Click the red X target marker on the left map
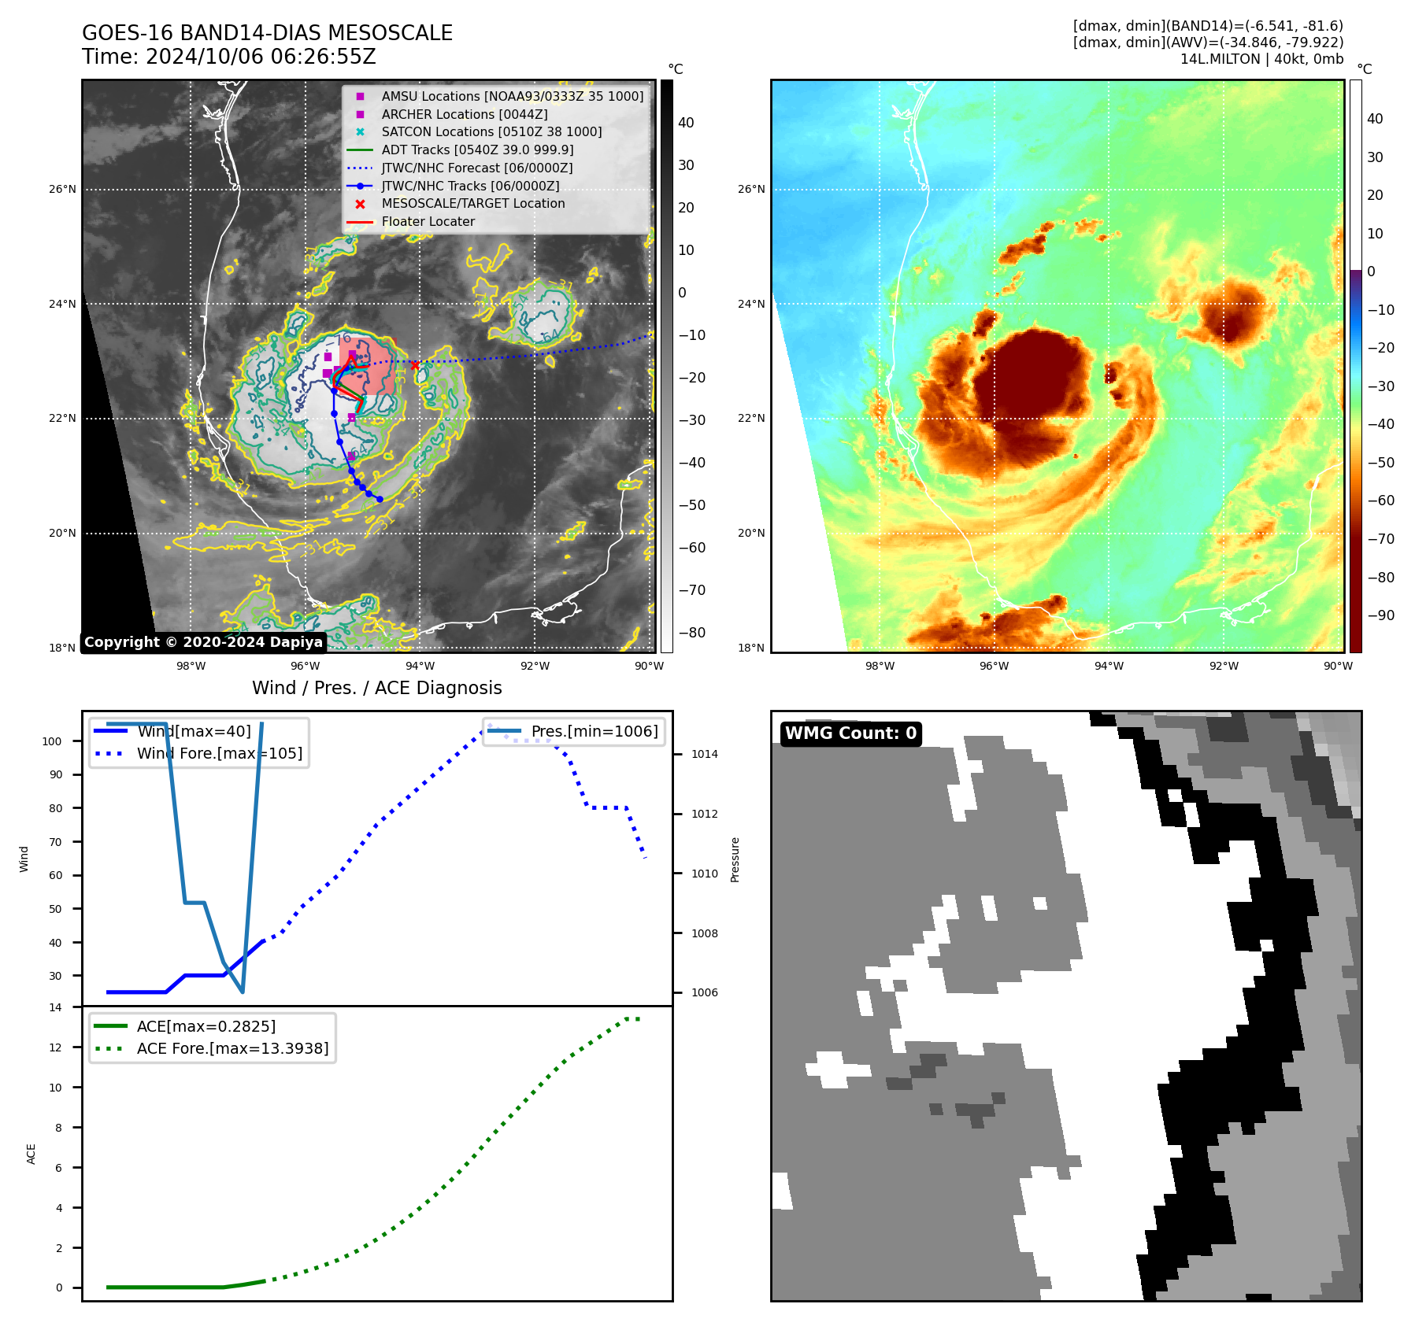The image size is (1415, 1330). pyautogui.click(x=415, y=365)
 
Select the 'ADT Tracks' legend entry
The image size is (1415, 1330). pyautogui.click(x=477, y=150)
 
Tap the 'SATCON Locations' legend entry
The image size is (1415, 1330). pyautogui.click(x=491, y=131)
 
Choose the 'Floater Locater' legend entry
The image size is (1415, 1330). pyautogui.click(x=428, y=221)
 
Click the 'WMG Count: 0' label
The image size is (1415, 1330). pyautogui.click(x=850, y=733)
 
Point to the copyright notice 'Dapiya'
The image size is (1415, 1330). pyautogui.click(x=203, y=642)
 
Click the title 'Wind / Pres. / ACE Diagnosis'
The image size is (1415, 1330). pyautogui.click(x=376, y=688)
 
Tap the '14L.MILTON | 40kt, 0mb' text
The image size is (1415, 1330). pyautogui.click(x=1261, y=59)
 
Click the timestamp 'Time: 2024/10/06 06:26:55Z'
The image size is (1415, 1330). pyautogui.click(x=228, y=57)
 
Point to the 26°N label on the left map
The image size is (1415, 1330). pyautogui.click(x=63, y=189)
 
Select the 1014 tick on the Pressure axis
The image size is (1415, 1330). pyautogui.click(x=704, y=754)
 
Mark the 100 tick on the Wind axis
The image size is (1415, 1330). pyautogui.click(x=52, y=741)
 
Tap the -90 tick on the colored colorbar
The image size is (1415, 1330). pyautogui.click(x=1380, y=615)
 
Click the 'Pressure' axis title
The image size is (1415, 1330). pyautogui.click(x=735, y=859)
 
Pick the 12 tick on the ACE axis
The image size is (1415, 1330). pyautogui.click(x=56, y=1047)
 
